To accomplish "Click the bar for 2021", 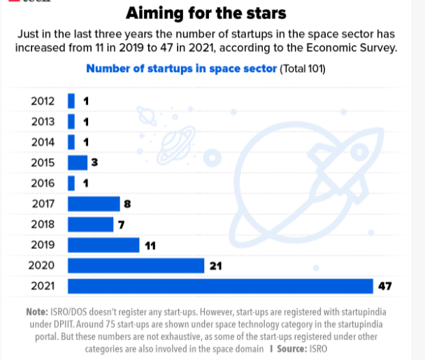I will tap(220, 287).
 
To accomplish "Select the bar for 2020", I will tap(136, 266).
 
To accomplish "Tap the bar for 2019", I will tap(103, 245).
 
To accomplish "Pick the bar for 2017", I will tap(94, 204).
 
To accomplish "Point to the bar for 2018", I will tap(90, 224).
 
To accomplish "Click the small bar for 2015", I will tap(78, 163).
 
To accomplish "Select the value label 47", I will tap(385, 287).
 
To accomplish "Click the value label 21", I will tap(215, 266).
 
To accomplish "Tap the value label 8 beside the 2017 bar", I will tap(127, 204).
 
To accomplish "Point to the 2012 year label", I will tap(43, 101).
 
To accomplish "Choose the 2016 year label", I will tap(43, 183).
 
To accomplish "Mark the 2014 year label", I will tap(43, 143).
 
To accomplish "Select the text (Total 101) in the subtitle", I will tap(303, 69).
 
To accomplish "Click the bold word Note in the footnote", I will tap(38, 311).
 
